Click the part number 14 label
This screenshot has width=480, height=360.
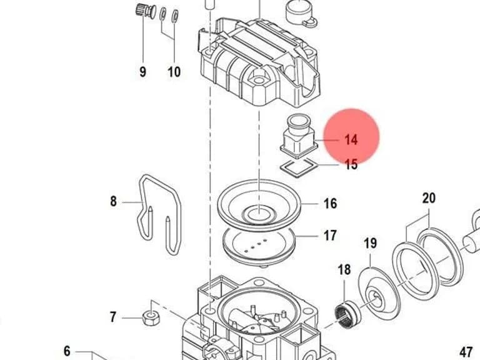tap(351, 139)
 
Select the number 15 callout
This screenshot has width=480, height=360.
tap(351, 164)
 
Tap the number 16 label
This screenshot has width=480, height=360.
tap(330, 204)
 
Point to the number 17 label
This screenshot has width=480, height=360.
tap(330, 236)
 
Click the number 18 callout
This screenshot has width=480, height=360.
tap(344, 270)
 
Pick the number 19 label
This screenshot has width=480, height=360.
tap(370, 243)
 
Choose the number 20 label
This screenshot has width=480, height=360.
tap(429, 198)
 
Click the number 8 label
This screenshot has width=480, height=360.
tap(113, 201)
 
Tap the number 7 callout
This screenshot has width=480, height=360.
tap(113, 317)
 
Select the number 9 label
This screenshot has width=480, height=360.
tap(142, 72)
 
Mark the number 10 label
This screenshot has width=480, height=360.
tap(174, 72)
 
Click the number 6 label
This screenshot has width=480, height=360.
tap(67, 351)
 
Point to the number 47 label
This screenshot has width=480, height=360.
tap(466, 351)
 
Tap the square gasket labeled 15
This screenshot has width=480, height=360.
tap(299, 167)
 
